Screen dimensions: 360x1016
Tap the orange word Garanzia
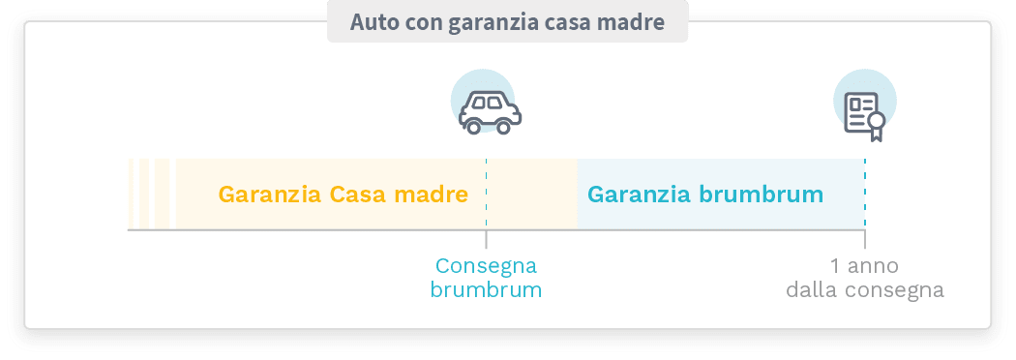point(270,195)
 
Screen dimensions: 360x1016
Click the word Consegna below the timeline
point(486,266)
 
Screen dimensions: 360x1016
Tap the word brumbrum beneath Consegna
point(486,289)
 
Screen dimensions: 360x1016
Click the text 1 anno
point(864,266)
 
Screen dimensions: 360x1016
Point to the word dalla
point(812,289)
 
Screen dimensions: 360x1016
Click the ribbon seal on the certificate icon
point(876,123)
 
